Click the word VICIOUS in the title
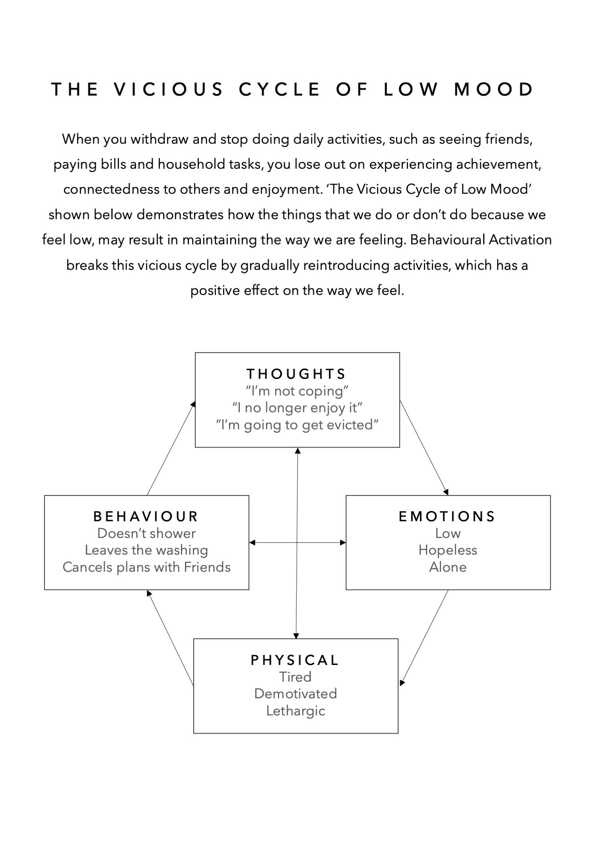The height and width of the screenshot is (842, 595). coord(169,89)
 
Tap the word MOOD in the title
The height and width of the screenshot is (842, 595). coord(494,89)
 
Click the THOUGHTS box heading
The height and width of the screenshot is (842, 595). coord(297,374)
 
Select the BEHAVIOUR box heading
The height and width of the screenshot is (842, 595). coord(146,516)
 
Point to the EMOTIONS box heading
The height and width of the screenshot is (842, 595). coord(447,516)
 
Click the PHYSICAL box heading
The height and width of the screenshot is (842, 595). coord(295,660)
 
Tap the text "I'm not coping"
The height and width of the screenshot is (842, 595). coord(297,391)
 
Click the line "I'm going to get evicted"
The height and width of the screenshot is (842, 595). coord(297,425)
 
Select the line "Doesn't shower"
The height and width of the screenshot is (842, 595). coord(146,533)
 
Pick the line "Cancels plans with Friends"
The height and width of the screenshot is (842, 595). coord(146,567)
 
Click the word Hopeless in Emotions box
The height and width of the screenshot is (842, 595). coord(448,550)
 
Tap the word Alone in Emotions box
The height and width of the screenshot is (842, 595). coord(448,567)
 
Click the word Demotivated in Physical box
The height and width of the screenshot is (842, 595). coord(295,694)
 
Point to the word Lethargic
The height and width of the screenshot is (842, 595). coord(295,711)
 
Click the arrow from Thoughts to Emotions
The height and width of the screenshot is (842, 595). coord(424,447)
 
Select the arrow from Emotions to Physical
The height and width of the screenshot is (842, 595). coord(424,638)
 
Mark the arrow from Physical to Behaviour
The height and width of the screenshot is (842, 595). coord(170,638)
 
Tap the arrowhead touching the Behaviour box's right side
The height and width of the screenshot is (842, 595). coord(252,543)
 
